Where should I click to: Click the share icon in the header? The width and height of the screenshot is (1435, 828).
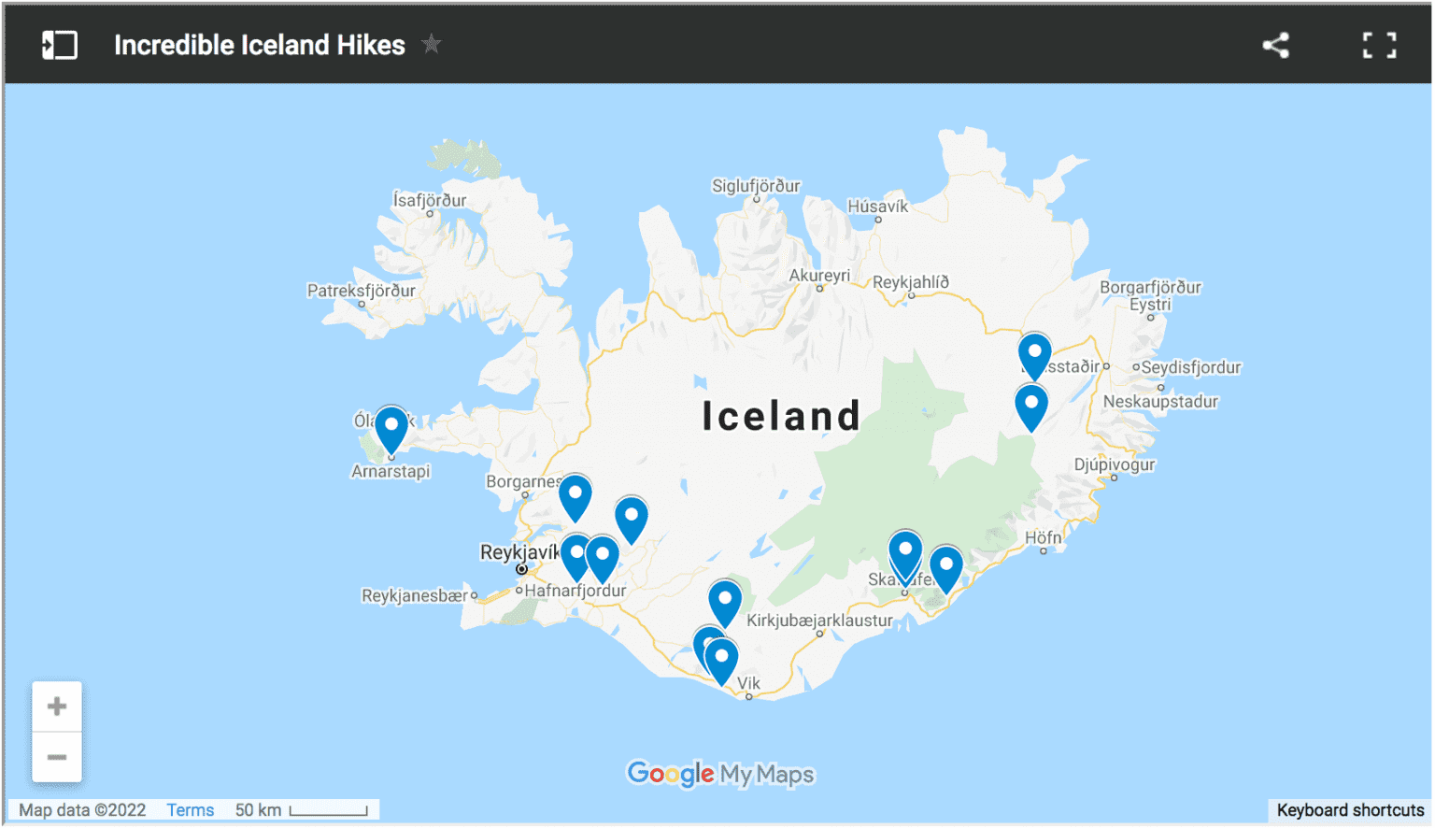pos(1276,45)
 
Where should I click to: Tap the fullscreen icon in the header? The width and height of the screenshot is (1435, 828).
pos(1379,45)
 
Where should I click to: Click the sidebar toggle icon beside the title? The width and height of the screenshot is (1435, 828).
pos(60,45)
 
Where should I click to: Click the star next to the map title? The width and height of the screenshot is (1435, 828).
pos(431,44)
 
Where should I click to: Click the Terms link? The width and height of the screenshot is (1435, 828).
pos(191,810)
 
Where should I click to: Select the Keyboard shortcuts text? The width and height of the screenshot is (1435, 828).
pos(1350,810)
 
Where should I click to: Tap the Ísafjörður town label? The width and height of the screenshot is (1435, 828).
pos(430,200)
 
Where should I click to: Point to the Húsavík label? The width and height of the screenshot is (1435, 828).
pos(877,207)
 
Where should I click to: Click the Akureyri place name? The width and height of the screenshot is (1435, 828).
pos(819,276)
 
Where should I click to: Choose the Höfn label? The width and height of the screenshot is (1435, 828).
pos(1043,537)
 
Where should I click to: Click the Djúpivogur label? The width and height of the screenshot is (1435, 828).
pos(1115,464)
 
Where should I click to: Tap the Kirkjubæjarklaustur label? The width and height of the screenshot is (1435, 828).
pos(819,620)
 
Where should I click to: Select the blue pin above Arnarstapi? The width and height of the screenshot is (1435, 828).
pos(391,427)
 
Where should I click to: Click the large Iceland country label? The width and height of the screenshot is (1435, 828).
pos(781,416)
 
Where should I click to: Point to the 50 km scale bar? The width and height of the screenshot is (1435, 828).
pos(328,811)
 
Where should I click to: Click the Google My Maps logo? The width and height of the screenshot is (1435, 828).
pos(720,774)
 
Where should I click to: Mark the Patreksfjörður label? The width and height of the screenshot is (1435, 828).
pos(362,291)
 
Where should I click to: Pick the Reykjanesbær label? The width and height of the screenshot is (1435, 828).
pos(415,595)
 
